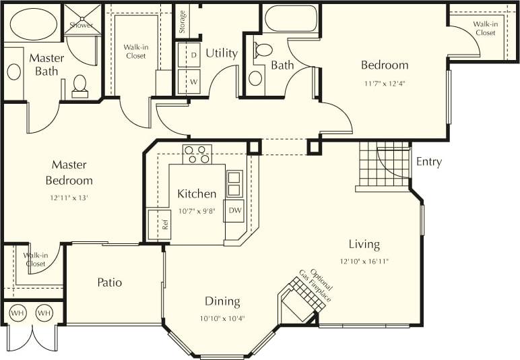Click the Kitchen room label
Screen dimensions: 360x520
tap(197, 193)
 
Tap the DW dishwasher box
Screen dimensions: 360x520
tap(234, 210)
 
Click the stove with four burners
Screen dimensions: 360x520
tap(197, 154)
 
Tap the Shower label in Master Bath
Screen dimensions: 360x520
tap(82, 25)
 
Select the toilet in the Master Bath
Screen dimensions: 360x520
tap(79, 85)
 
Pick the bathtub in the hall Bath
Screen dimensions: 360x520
tap(291, 18)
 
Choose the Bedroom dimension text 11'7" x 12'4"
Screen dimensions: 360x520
tap(385, 84)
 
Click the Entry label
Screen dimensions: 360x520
tap(429, 162)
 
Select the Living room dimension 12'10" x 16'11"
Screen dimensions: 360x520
tap(364, 261)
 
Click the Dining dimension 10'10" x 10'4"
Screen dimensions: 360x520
tap(222, 318)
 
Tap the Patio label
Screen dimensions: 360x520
tap(109, 282)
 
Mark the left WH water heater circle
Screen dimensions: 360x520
tap(17, 312)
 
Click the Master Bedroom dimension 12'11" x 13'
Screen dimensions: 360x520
tap(69, 198)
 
